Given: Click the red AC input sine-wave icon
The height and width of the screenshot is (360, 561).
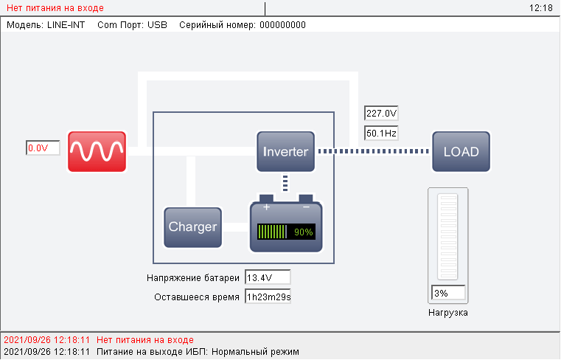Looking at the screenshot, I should [97, 151].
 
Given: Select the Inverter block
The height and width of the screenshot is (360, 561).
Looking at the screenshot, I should [286, 152].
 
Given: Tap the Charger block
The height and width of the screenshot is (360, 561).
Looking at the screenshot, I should [193, 226].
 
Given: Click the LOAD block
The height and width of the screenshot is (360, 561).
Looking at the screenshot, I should [461, 152].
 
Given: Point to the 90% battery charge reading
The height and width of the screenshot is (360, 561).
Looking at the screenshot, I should [304, 232].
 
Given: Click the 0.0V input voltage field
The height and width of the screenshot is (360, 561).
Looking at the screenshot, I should [43, 148].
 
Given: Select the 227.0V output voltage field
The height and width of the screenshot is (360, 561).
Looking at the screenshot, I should [381, 114].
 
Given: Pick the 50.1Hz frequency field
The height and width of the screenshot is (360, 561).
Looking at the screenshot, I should [381, 134].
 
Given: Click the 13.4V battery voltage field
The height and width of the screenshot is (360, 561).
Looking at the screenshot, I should [268, 277].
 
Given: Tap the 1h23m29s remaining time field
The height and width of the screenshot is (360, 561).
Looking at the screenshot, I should [268, 297].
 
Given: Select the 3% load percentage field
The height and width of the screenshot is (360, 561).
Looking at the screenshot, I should [448, 293].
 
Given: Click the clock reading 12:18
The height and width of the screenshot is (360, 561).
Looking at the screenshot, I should [541, 8].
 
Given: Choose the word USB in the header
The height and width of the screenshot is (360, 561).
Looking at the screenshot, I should [158, 24].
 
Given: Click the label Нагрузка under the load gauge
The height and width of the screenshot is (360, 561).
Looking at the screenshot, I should [448, 313].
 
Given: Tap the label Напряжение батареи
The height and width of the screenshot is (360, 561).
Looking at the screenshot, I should [193, 278].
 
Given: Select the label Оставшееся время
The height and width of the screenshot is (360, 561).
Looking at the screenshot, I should [197, 297].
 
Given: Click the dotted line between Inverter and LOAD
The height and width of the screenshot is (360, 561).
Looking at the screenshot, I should [373, 152].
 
